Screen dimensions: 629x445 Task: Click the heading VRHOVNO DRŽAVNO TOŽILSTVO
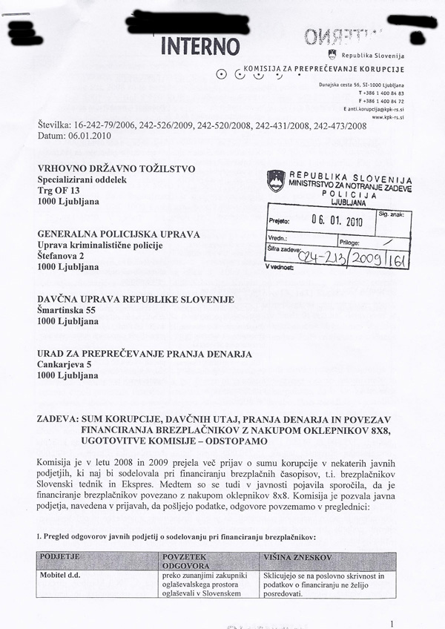116,169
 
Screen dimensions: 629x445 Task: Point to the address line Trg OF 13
61,191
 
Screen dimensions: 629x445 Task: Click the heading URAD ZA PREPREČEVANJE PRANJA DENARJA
146,353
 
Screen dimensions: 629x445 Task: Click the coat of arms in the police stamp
276,180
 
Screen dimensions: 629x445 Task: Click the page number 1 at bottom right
400,625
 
